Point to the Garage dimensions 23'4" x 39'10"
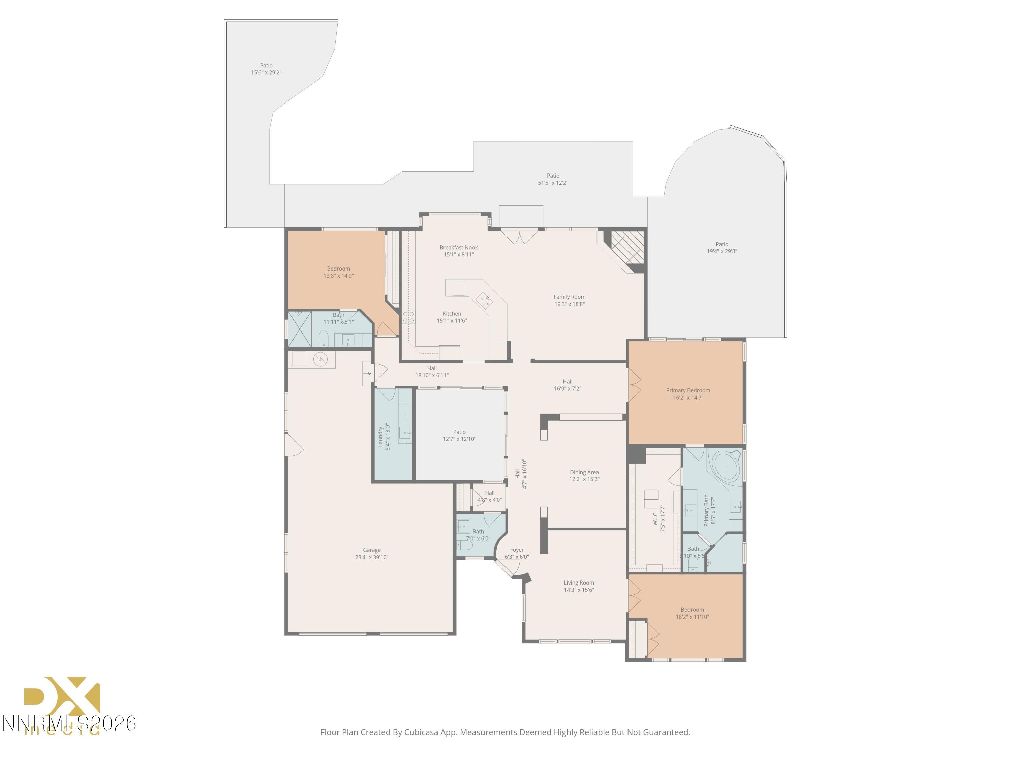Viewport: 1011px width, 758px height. (x=372, y=557)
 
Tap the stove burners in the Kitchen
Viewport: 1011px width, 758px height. (x=408, y=317)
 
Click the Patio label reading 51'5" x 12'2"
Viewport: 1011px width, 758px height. (x=553, y=179)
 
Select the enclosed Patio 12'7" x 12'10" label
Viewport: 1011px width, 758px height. (x=459, y=435)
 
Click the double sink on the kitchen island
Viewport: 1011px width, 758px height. (x=484, y=301)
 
